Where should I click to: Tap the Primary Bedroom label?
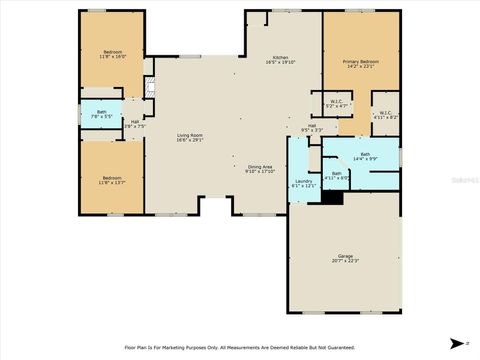pyautogui.click(x=359, y=62)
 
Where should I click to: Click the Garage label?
pyautogui.click(x=344, y=257)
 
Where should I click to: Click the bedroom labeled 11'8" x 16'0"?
pyautogui.click(x=113, y=54)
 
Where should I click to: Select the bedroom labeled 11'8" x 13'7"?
pyautogui.click(x=113, y=179)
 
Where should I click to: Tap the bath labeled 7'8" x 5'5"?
pyautogui.click(x=100, y=114)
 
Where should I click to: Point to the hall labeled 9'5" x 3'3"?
pyautogui.click(x=312, y=128)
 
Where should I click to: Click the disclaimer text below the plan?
pyautogui.click(x=239, y=347)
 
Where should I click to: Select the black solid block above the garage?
pyautogui.click(x=332, y=197)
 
